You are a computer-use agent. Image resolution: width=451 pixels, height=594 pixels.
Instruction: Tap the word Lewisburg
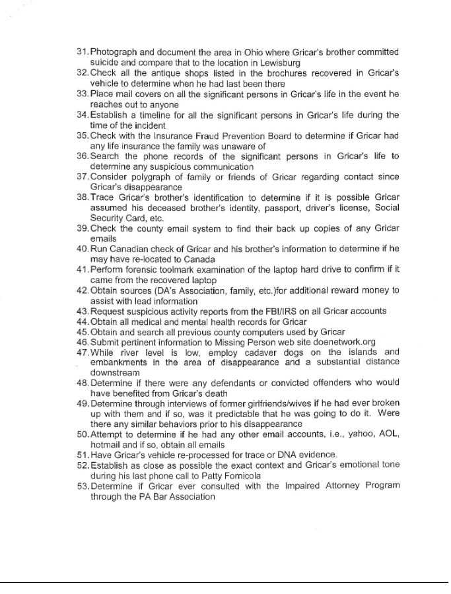tap(279, 62)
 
